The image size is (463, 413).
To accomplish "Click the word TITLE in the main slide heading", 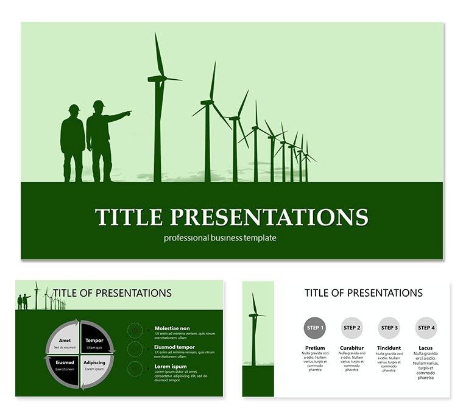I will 129,217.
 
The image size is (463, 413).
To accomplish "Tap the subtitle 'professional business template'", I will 220,238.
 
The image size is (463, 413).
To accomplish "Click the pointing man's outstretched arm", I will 119,115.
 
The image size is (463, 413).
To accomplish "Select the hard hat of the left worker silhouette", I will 74,108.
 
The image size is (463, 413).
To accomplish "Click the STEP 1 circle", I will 314,328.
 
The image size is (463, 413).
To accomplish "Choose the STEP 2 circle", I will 352,328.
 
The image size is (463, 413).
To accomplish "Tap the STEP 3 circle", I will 389,328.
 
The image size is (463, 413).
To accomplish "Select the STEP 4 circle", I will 427,328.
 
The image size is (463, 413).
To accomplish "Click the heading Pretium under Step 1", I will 314,348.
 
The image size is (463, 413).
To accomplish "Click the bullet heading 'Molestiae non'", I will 172,328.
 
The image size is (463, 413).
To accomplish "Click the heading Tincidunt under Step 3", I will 389,348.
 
